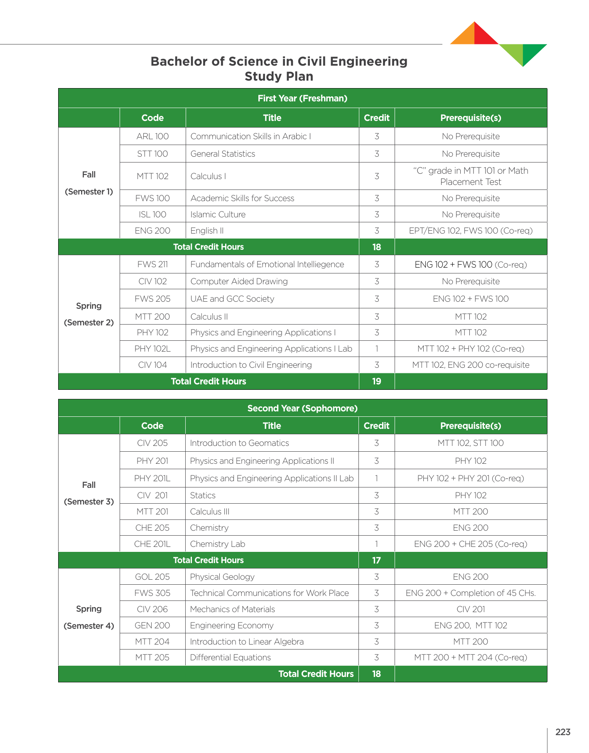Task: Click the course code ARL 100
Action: (152, 136)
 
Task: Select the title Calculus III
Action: (209, 512)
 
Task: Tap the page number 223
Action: (562, 732)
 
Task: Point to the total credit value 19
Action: (376, 381)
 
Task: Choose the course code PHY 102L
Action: (152, 349)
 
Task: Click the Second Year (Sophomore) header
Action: (302, 408)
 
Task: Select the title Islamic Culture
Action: (218, 214)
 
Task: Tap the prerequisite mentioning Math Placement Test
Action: (471, 176)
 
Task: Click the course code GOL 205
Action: (152, 577)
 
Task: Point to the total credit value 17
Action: (376, 560)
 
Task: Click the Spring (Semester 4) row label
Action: (89, 617)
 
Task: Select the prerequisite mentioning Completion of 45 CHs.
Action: (471, 593)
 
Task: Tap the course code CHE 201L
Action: (152, 544)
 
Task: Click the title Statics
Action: (203, 495)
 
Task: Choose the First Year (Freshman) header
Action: (302, 98)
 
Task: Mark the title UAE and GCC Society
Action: (232, 299)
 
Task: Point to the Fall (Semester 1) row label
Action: (89, 183)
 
